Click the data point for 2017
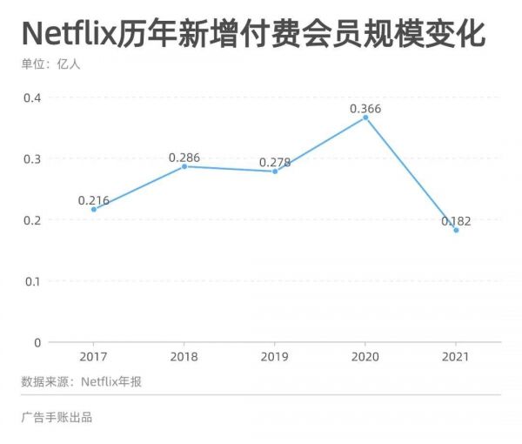pos(94,209)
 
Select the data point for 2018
pos(184,166)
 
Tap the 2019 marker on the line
pos(275,172)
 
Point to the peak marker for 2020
pos(365,118)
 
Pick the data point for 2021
pos(456,230)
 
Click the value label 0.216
pos(94,200)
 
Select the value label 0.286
pos(184,158)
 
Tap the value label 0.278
pos(275,162)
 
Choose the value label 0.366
pos(365,109)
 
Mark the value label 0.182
pos(456,221)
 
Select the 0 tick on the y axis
pos(37,342)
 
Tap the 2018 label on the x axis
pos(184,357)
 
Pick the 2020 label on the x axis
pos(365,357)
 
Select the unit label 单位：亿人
pos(50,64)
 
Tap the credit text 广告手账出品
pos(57,417)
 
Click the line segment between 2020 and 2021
pos(411,174)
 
